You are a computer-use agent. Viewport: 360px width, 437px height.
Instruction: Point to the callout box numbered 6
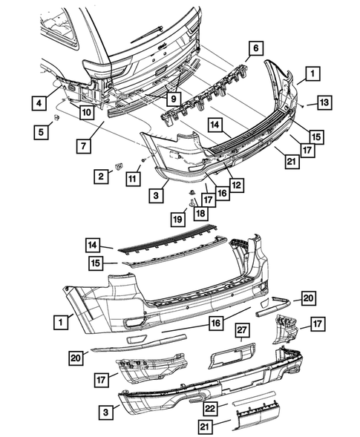point(255,50)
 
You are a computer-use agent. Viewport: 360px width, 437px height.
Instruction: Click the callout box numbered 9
point(171,97)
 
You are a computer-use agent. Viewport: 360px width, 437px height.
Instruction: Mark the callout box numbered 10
point(87,114)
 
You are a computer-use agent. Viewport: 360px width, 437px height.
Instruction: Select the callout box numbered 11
point(134,179)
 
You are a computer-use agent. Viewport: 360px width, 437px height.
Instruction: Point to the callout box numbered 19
point(179,219)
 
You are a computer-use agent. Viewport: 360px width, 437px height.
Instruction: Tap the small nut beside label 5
point(57,117)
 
